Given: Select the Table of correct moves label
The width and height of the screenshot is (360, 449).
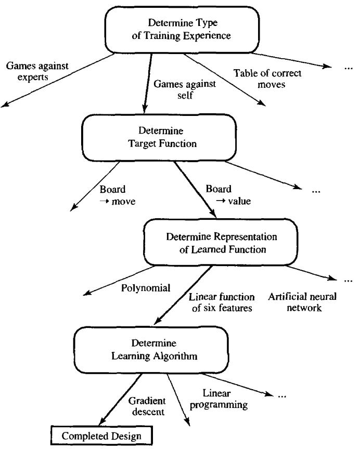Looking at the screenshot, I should point(266,79).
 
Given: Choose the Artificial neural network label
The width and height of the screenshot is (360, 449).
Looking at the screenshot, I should point(303,302).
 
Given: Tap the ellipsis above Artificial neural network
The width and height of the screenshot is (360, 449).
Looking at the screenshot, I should point(347,281).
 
